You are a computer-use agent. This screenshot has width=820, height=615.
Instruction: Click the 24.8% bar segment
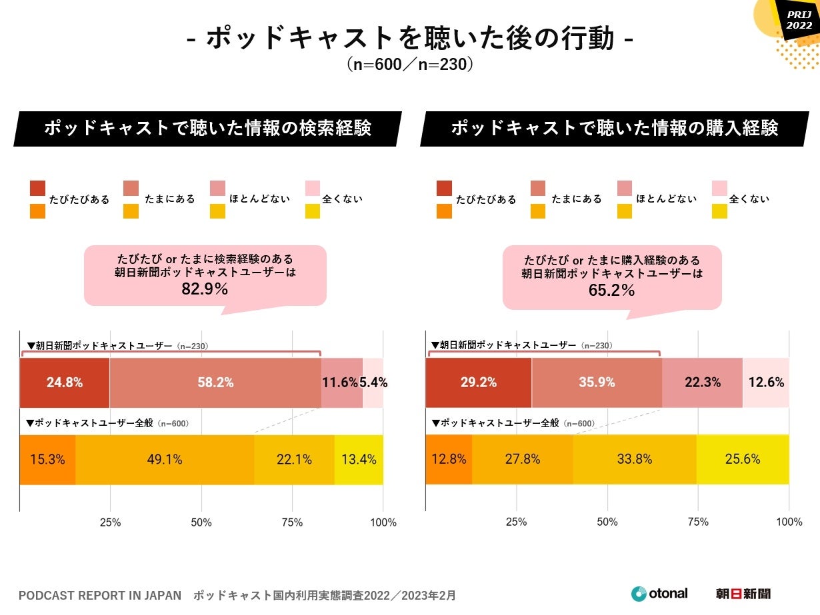coord(65,382)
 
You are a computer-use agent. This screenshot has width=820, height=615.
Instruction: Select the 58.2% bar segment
coord(215,382)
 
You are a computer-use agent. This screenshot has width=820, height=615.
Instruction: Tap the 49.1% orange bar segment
coord(165,459)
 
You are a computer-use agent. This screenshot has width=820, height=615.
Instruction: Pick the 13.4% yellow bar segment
coord(359,459)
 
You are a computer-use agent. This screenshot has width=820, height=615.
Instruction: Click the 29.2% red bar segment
coord(478,382)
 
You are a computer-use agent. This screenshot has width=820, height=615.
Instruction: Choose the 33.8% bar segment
coord(634,459)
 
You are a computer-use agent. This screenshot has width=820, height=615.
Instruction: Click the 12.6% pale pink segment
coord(766,382)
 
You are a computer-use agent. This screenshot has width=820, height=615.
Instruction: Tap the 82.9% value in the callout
coord(205,289)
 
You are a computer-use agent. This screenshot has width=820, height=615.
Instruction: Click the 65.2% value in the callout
coord(611,291)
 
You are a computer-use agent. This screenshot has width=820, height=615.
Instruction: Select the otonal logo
coord(659,593)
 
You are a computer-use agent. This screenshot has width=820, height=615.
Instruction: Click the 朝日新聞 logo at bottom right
coord(743,593)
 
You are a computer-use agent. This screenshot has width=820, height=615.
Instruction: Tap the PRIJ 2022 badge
coord(799,20)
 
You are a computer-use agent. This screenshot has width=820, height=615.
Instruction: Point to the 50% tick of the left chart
coord(201,522)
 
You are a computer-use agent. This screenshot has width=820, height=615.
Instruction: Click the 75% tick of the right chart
coord(698,522)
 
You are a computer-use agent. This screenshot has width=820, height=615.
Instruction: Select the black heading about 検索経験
coord(207,128)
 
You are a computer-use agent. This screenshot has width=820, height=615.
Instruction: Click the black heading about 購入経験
coord(614,128)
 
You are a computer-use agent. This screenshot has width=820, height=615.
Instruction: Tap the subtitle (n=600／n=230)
coord(409,65)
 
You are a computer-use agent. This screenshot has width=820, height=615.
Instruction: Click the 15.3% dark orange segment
coord(47,459)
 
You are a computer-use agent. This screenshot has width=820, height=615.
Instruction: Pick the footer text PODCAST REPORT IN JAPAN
coord(100,595)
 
